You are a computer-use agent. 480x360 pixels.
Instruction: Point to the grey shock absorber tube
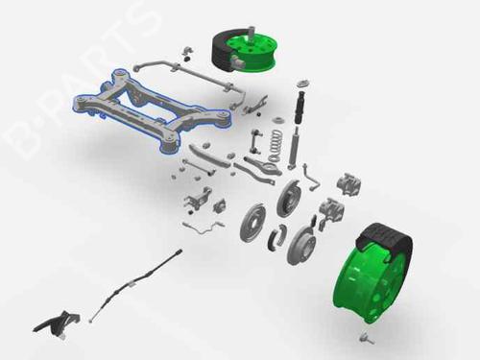coord(294,148)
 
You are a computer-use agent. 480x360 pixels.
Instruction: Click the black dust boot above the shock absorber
coord(300,107)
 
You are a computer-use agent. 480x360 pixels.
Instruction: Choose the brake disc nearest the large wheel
coord(301,245)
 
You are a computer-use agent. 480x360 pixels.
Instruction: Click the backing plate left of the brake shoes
coord(252,221)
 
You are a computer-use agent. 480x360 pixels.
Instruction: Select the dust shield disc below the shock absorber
coord(290,199)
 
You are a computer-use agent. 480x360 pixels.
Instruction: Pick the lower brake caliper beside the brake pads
coord(332,209)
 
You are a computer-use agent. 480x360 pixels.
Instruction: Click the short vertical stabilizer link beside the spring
coord(256,141)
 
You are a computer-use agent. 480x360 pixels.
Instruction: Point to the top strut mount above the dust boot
coord(304,83)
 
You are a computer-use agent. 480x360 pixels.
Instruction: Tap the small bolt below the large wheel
coord(366,338)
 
